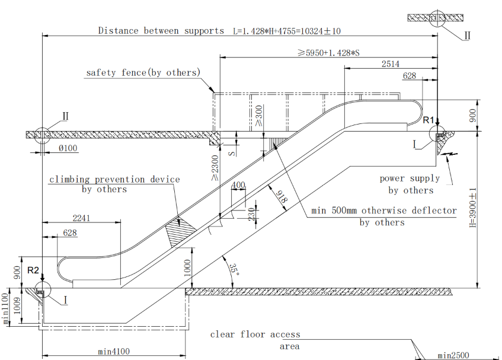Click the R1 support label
tap(429, 120)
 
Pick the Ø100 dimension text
tap(68, 148)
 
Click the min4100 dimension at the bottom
tap(114, 352)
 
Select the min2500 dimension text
tap(453, 355)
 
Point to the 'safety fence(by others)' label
tap(143, 72)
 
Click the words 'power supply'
tap(410, 178)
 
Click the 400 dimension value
tap(238, 186)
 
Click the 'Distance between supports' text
tap(161, 30)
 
